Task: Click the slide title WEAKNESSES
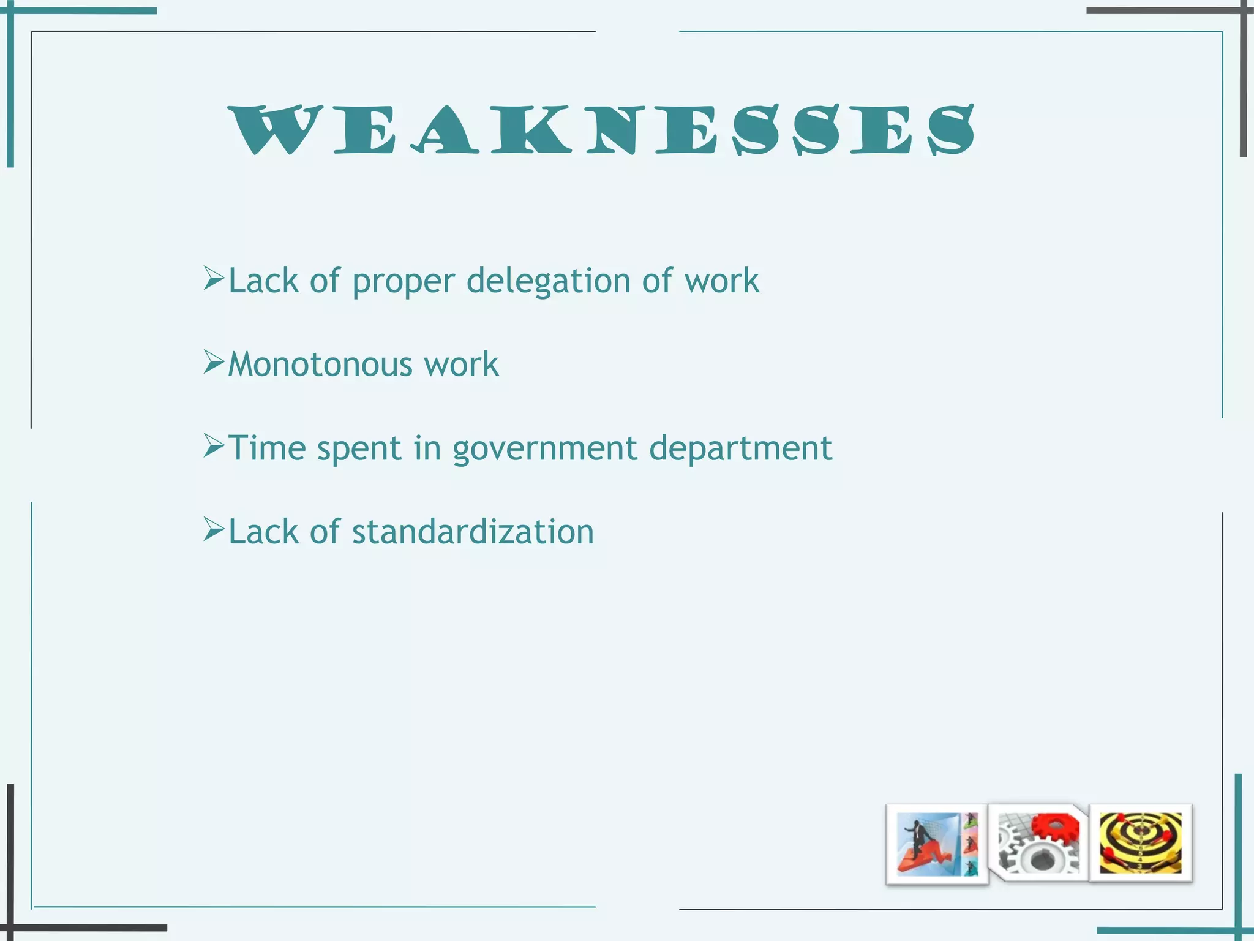[x=601, y=130]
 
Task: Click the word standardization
[x=473, y=532]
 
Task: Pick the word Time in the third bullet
[x=267, y=448]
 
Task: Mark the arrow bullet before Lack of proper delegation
[x=214, y=279]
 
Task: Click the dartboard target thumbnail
[x=1140, y=843]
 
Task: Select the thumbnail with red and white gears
[x=1038, y=843]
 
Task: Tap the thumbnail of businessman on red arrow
[x=937, y=844]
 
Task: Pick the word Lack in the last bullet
[x=263, y=532]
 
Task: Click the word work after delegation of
[x=721, y=281]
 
